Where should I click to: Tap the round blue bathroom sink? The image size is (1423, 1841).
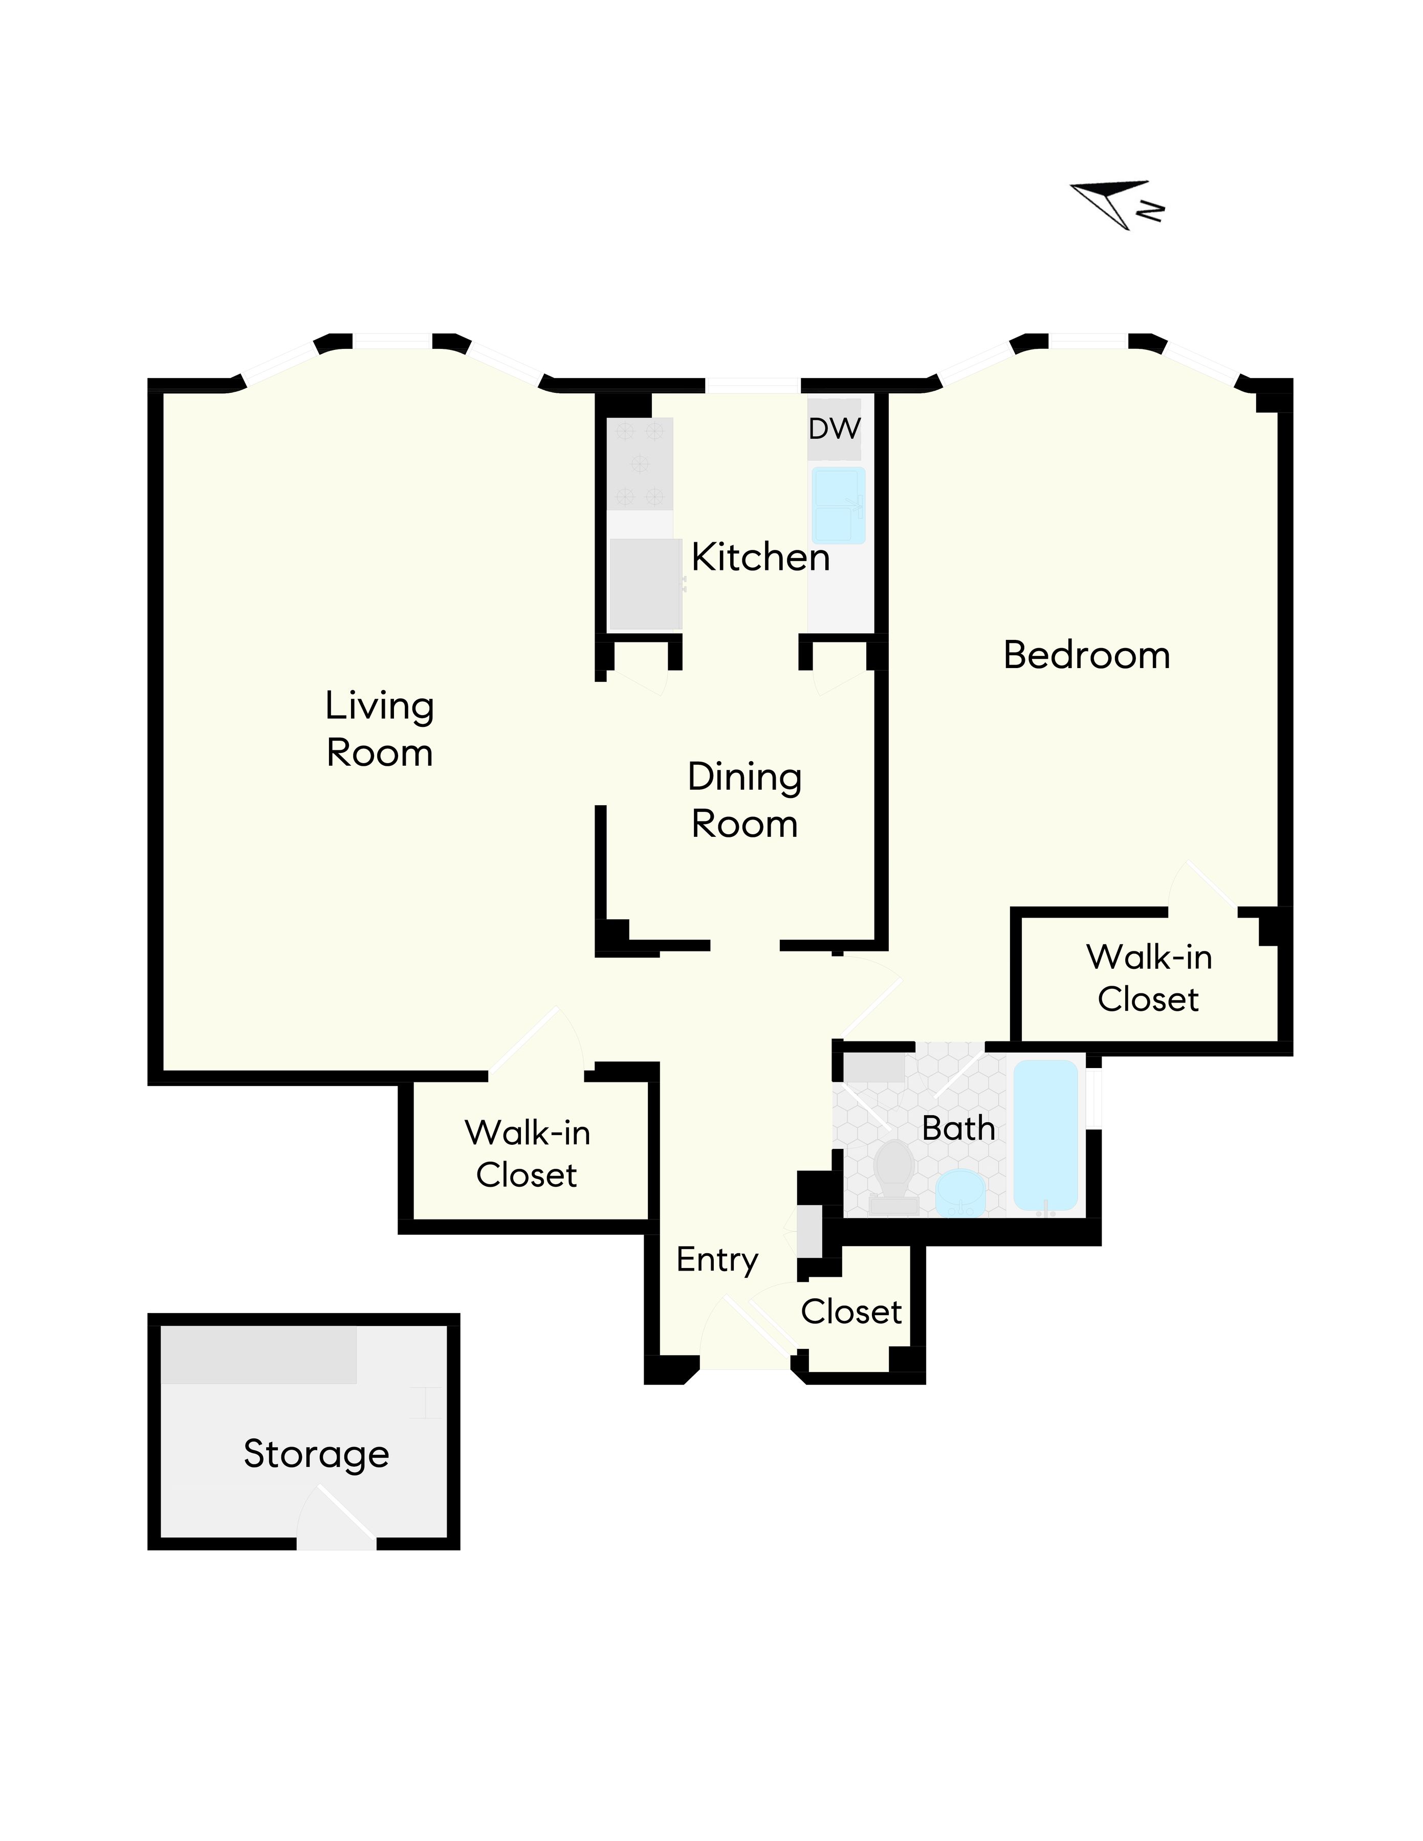click(x=960, y=1192)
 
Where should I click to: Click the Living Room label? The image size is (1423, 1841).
click(x=379, y=728)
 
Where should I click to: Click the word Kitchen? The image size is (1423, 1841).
click(x=760, y=557)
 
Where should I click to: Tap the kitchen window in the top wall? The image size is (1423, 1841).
click(x=752, y=386)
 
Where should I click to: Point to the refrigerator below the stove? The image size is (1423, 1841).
click(x=645, y=583)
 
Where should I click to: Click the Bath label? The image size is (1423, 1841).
click(x=958, y=1128)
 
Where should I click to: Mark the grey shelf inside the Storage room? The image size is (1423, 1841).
click(x=259, y=1355)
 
